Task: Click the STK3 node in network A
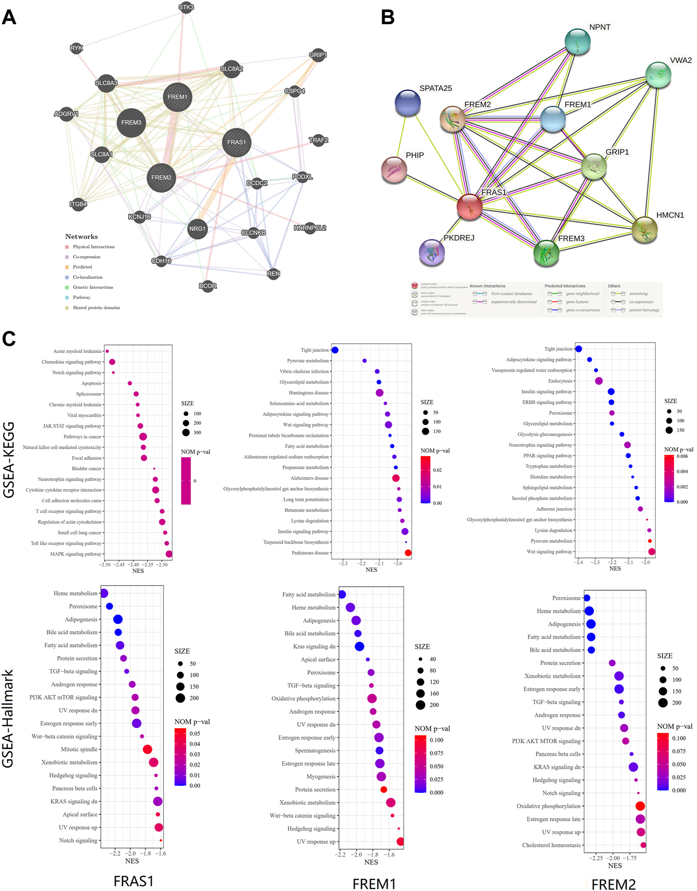pyautogui.click(x=186, y=7)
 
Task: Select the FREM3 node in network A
pyautogui.click(x=131, y=123)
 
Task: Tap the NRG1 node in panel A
pyautogui.click(x=197, y=229)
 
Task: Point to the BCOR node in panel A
pyautogui.click(x=208, y=286)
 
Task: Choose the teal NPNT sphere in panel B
pyautogui.click(x=577, y=42)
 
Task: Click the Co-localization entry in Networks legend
pyautogui.click(x=88, y=277)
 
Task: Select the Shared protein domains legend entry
pyautogui.click(x=96, y=308)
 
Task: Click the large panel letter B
pyautogui.click(x=388, y=17)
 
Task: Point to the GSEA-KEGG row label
pyautogui.click(x=9, y=460)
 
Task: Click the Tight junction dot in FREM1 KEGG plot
pyautogui.click(x=335, y=350)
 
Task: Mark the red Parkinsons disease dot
pyautogui.click(x=408, y=553)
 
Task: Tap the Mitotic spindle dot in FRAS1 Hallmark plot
pyautogui.click(x=147, y=749)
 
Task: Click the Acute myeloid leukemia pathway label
pyautogui.click(x=77, y=351)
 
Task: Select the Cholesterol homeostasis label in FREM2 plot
pyautogui.click(x=551, y=845)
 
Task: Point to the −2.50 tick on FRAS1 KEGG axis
pyautogui.click(x=104, y=565)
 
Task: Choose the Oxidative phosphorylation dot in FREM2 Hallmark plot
pyautogui.click(x=640, y=806)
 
